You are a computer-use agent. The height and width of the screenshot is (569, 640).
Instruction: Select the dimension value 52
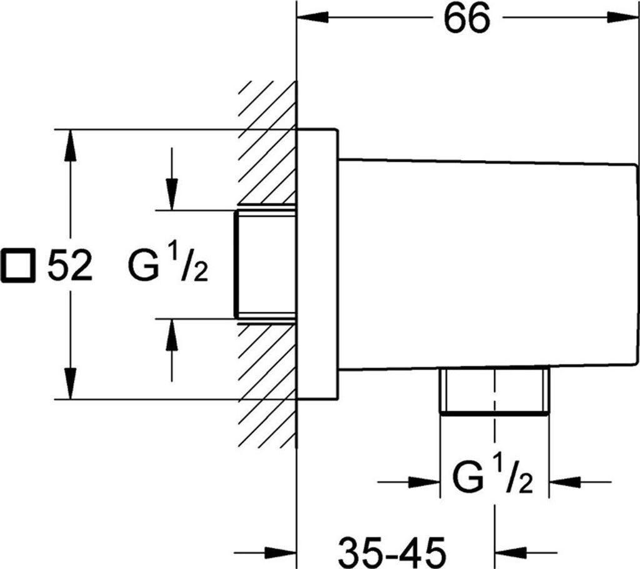(x=70, y=265)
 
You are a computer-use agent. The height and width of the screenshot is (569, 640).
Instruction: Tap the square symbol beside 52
(x=17, y=265)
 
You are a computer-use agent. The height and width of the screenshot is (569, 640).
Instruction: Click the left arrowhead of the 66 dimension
(x=313, y=17)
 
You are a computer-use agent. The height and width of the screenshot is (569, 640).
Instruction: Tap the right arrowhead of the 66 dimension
(x=622, y=17)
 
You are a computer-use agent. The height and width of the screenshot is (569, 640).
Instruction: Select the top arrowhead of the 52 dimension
(x=71, y=145)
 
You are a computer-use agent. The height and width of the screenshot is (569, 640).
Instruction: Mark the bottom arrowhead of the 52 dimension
(x=71, y=383)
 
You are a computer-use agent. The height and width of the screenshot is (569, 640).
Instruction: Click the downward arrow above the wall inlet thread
(x=172, y=179)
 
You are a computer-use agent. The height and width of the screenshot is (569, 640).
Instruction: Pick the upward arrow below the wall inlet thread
(x=172, y=350)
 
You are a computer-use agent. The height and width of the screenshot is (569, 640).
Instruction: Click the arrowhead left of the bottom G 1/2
(x=424, y=482)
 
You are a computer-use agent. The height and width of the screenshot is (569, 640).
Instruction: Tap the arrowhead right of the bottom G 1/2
(x=565, y=482)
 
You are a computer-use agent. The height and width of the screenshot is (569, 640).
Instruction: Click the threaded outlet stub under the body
(x=494, y=391)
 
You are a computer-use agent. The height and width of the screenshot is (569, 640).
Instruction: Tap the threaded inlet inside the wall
(x=265, y=264)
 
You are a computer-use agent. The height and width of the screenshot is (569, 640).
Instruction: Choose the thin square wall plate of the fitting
(x=317, y=264)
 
